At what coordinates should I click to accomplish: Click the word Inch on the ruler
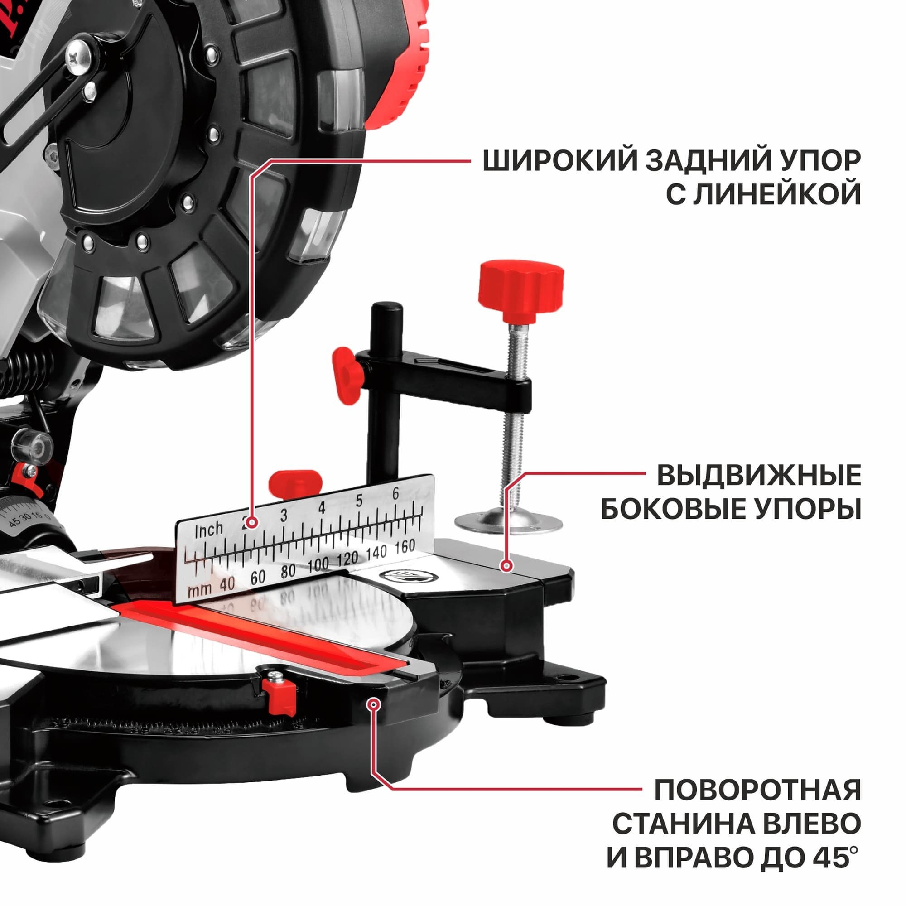click(209, 530)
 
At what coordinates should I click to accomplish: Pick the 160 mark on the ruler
click(404, 547)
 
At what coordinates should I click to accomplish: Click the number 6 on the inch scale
click(395, 493)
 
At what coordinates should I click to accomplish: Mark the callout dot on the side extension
click(506, 565)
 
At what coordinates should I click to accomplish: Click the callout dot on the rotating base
click(373, 717)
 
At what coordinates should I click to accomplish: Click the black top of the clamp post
click(386, 310)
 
